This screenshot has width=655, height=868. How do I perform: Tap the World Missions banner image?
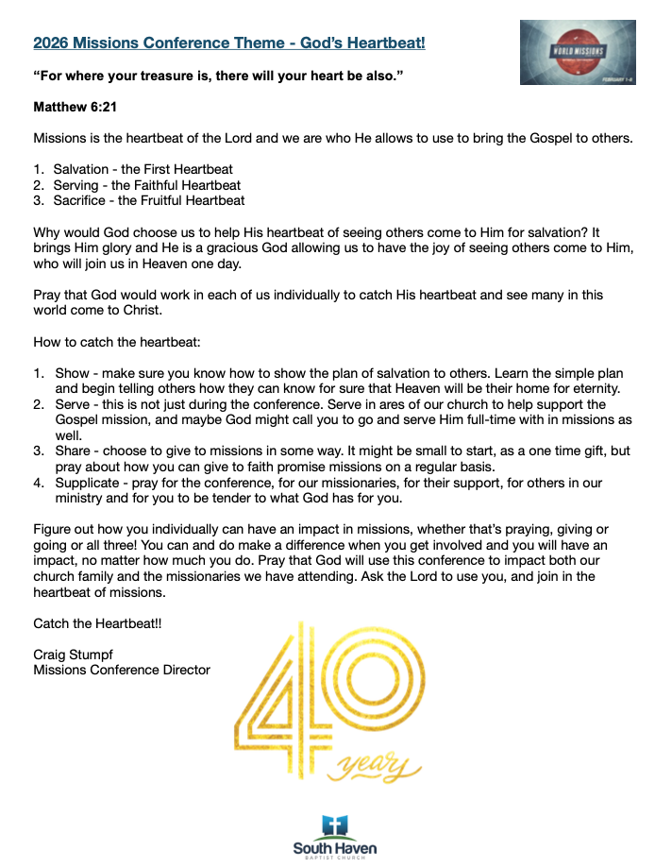coord(577,53)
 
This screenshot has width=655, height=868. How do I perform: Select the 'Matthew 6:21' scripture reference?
coord(75,108)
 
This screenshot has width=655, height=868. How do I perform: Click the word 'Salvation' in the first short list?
coord(81,170)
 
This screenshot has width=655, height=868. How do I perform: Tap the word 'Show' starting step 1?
coord(73,373)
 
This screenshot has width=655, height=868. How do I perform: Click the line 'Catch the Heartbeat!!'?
coord(97,623)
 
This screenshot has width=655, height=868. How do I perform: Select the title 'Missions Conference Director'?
coord(122,670)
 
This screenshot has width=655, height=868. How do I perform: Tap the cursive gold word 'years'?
coord(377,766)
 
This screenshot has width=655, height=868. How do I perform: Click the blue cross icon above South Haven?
coord(334,826)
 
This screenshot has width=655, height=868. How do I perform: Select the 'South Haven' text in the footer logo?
coord(334,848)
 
